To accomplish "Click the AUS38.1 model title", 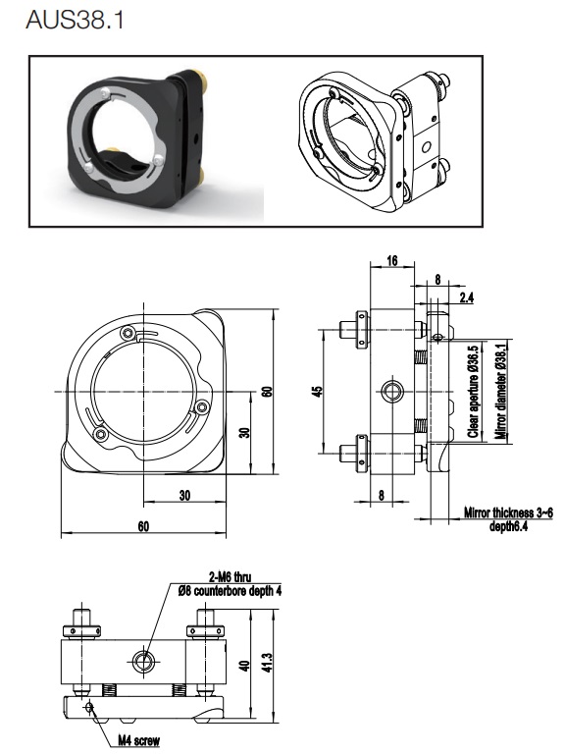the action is tap(76, 21).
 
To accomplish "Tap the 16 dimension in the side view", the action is tap(392, 260).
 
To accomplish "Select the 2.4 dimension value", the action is tap(466, 297).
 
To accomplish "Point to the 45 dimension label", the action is tap(317, 392).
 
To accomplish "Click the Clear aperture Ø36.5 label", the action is tap(474, 392).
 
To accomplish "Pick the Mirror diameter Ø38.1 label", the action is tap(501, 392).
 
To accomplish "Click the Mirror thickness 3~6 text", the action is tap(508, 512).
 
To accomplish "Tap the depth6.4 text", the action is tap(509, 526).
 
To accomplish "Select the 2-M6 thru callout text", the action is tap(231, 577).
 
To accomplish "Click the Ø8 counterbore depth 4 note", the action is tap(230, 591).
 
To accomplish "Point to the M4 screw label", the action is tap(138, 740).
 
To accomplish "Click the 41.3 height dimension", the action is tap(268, 663).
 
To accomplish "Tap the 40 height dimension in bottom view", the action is tap(245, 666).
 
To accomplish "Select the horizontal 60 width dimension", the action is tap(143, 526).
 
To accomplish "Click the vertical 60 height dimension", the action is tap(268, 392).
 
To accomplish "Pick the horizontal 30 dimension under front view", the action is tap(184, 496).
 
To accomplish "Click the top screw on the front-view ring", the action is tap(128, 333).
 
